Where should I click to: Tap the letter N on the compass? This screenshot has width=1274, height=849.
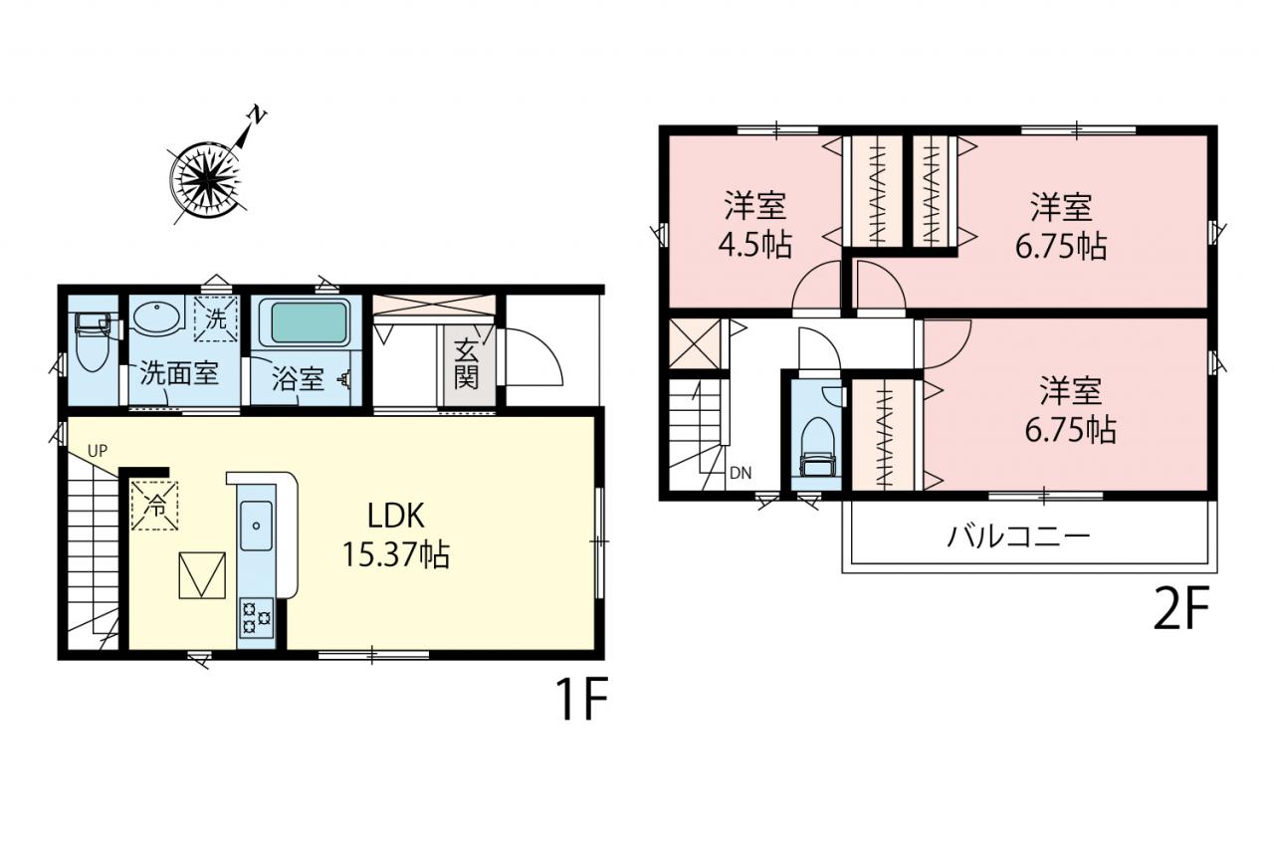257,115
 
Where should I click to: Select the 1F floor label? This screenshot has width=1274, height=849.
582,700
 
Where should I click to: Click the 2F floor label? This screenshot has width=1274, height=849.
1180,608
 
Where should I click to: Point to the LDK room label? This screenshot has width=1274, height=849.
396,517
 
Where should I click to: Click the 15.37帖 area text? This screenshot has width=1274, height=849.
396,553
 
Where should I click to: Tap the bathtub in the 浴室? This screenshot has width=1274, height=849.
309,322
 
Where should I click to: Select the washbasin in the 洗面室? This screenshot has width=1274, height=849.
156,317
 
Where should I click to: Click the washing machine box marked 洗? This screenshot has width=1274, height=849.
216,319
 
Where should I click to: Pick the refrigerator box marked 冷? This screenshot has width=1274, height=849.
154,506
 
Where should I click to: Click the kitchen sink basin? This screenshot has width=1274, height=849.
256,526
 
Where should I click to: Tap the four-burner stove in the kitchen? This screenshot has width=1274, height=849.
257,617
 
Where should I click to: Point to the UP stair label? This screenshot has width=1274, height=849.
98,452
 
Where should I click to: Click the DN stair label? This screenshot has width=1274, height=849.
741,473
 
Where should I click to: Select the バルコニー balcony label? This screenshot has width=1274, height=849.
1018,536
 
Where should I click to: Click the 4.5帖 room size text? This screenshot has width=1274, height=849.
754,246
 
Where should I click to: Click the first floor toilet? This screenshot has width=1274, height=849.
93,342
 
